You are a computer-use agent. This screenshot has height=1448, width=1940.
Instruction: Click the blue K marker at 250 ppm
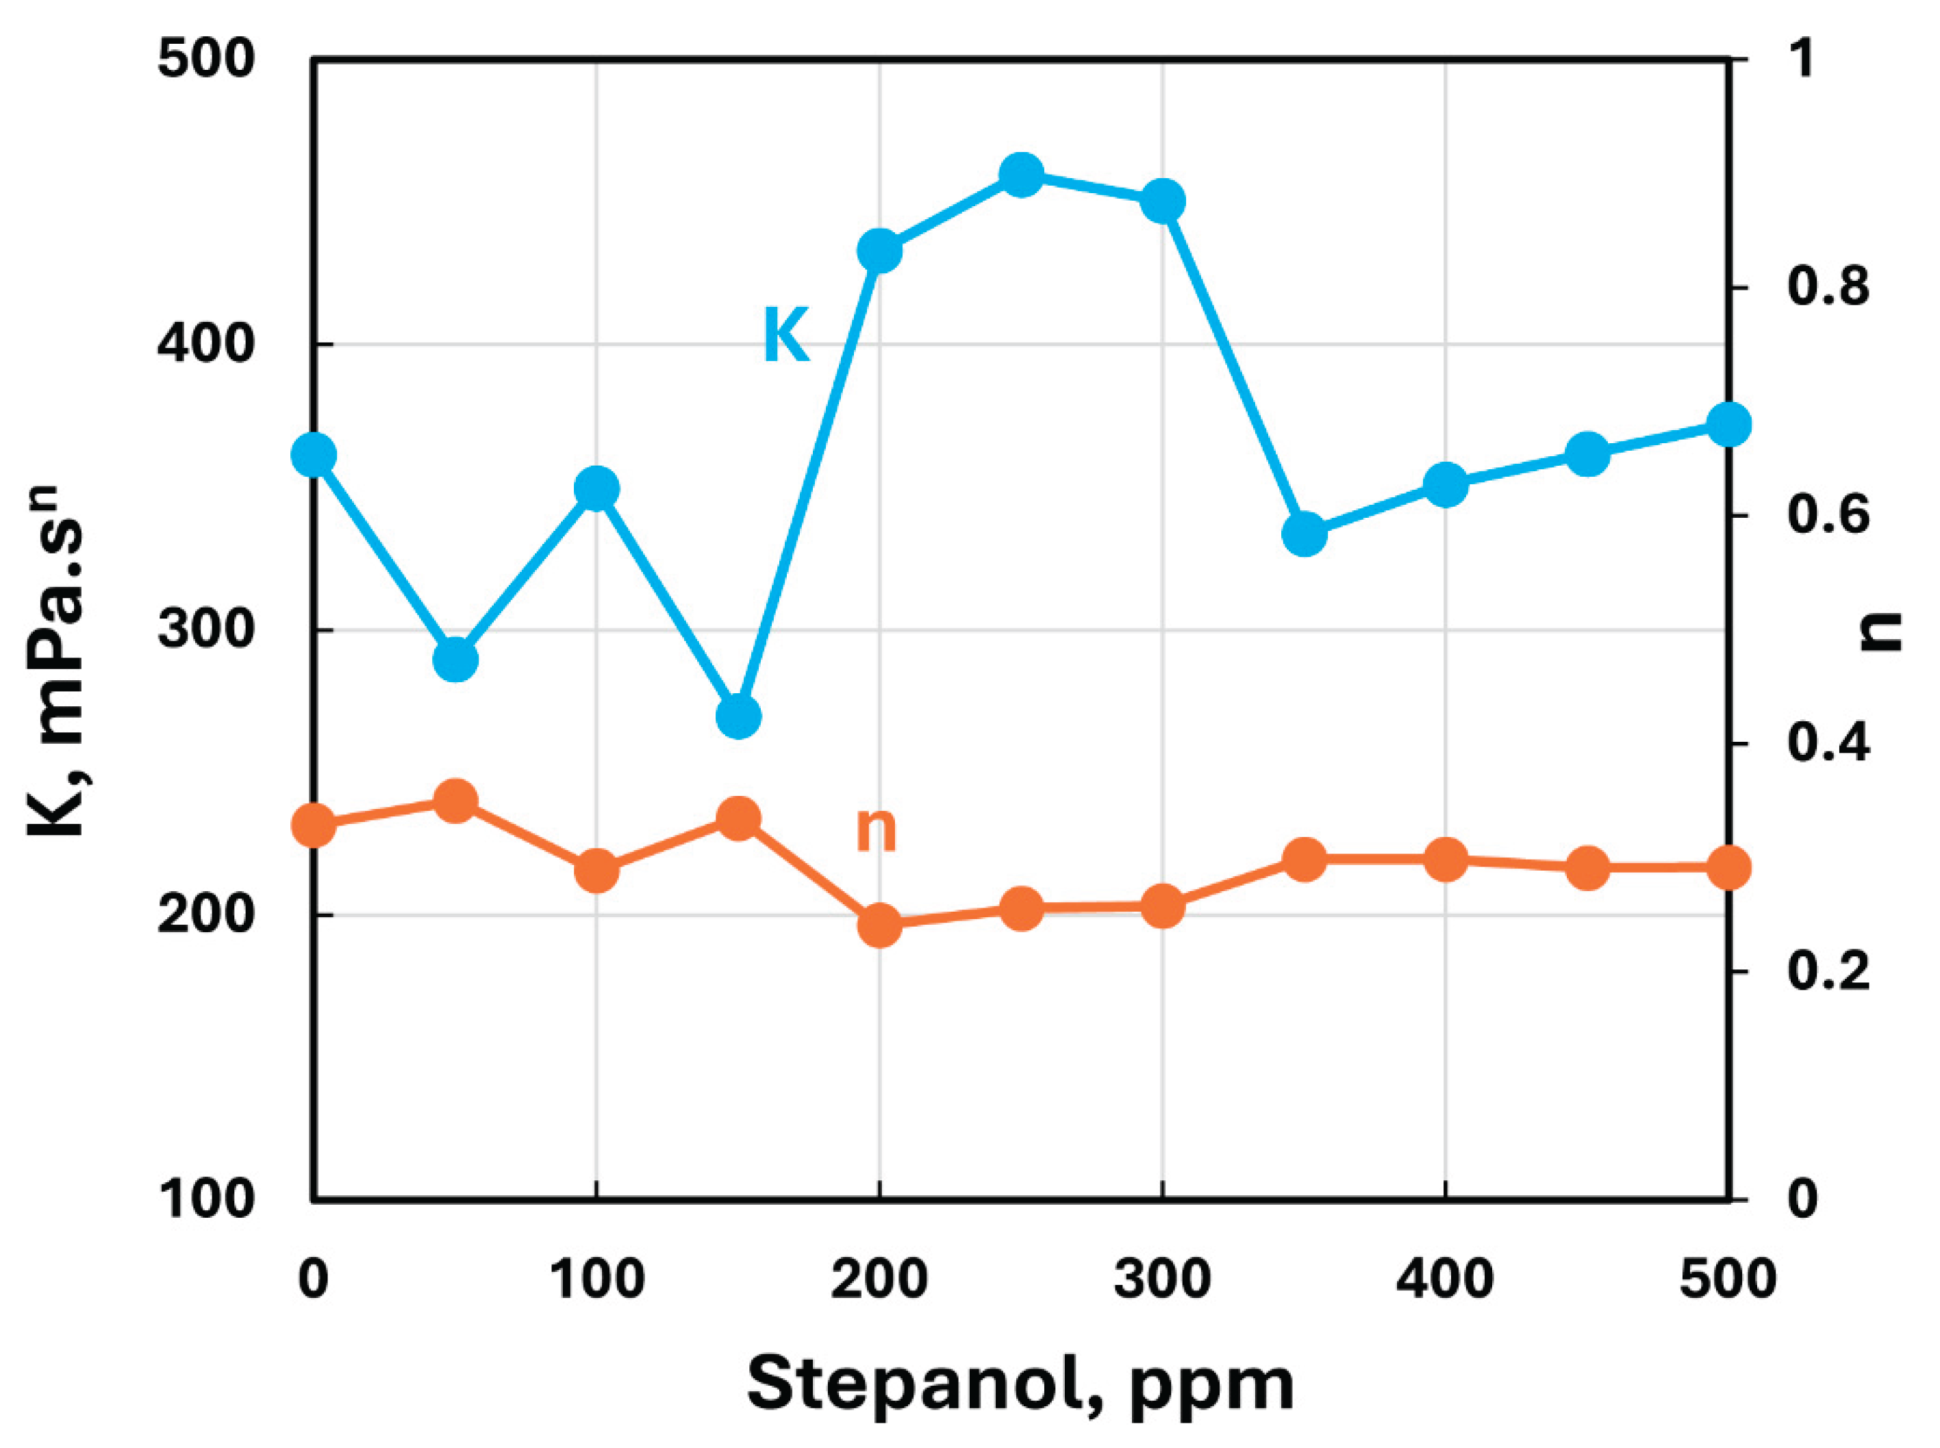point(1021,175)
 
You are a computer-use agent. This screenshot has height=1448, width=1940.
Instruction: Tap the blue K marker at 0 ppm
point(314,455)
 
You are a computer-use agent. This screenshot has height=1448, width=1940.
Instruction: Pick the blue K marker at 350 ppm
point(1304,534)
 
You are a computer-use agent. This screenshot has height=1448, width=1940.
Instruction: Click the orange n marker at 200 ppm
point(880,925)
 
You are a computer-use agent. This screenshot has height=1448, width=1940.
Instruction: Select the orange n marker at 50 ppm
point(455,801)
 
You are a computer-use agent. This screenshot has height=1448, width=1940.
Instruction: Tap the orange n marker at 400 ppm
point(1445,860)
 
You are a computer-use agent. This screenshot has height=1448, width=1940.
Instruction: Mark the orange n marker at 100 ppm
point(596,871)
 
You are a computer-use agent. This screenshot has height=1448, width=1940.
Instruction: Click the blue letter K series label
point(786,335)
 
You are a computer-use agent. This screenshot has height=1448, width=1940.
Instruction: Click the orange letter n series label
point(875,829)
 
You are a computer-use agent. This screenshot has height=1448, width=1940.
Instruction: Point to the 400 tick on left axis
point(206,344)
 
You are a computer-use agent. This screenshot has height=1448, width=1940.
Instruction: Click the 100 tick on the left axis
point(206,1199)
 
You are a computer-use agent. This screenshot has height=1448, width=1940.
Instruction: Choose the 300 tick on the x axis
point(1162,1280)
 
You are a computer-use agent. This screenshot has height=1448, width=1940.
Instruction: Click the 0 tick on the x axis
point(313,1280)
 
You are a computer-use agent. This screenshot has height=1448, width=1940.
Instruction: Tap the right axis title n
point(1881,630)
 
